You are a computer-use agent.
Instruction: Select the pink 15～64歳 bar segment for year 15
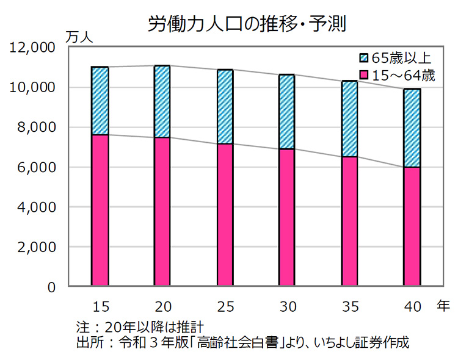pos(100,210)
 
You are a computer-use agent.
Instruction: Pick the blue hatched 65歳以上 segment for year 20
pos(162,101)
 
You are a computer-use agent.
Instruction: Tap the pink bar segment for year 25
pos(225,215)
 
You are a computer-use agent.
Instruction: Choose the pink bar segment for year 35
pos(349,221)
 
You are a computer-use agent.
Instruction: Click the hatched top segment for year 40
pos(412,128)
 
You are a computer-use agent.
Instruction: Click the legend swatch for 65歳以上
pos(365,59)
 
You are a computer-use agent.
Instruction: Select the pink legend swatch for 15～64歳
pos(365,76)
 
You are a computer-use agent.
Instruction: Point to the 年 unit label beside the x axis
pos(443,306)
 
